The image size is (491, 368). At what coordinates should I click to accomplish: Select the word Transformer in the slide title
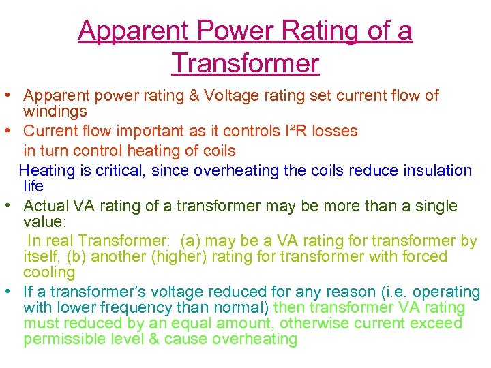pos(245,63)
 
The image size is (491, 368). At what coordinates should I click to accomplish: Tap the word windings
pos(55,111)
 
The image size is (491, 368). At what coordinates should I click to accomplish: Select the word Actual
pos(46,206)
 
